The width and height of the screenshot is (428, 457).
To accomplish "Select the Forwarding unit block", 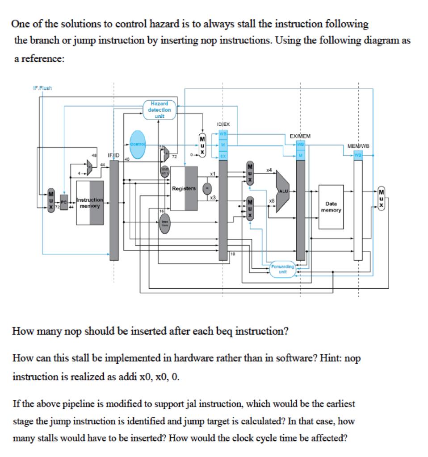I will coord(282,270).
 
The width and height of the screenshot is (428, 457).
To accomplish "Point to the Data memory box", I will coord(331,207).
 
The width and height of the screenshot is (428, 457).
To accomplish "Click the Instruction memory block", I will coord(90,203).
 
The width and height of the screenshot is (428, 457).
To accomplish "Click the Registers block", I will coord(184,188).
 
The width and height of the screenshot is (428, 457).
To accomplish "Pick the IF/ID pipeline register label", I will coord(113,155).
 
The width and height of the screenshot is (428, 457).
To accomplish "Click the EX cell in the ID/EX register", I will coord(222,156).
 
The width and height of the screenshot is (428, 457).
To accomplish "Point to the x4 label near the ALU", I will coord(269,170).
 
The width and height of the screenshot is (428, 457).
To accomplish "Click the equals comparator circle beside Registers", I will coord(207,187).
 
